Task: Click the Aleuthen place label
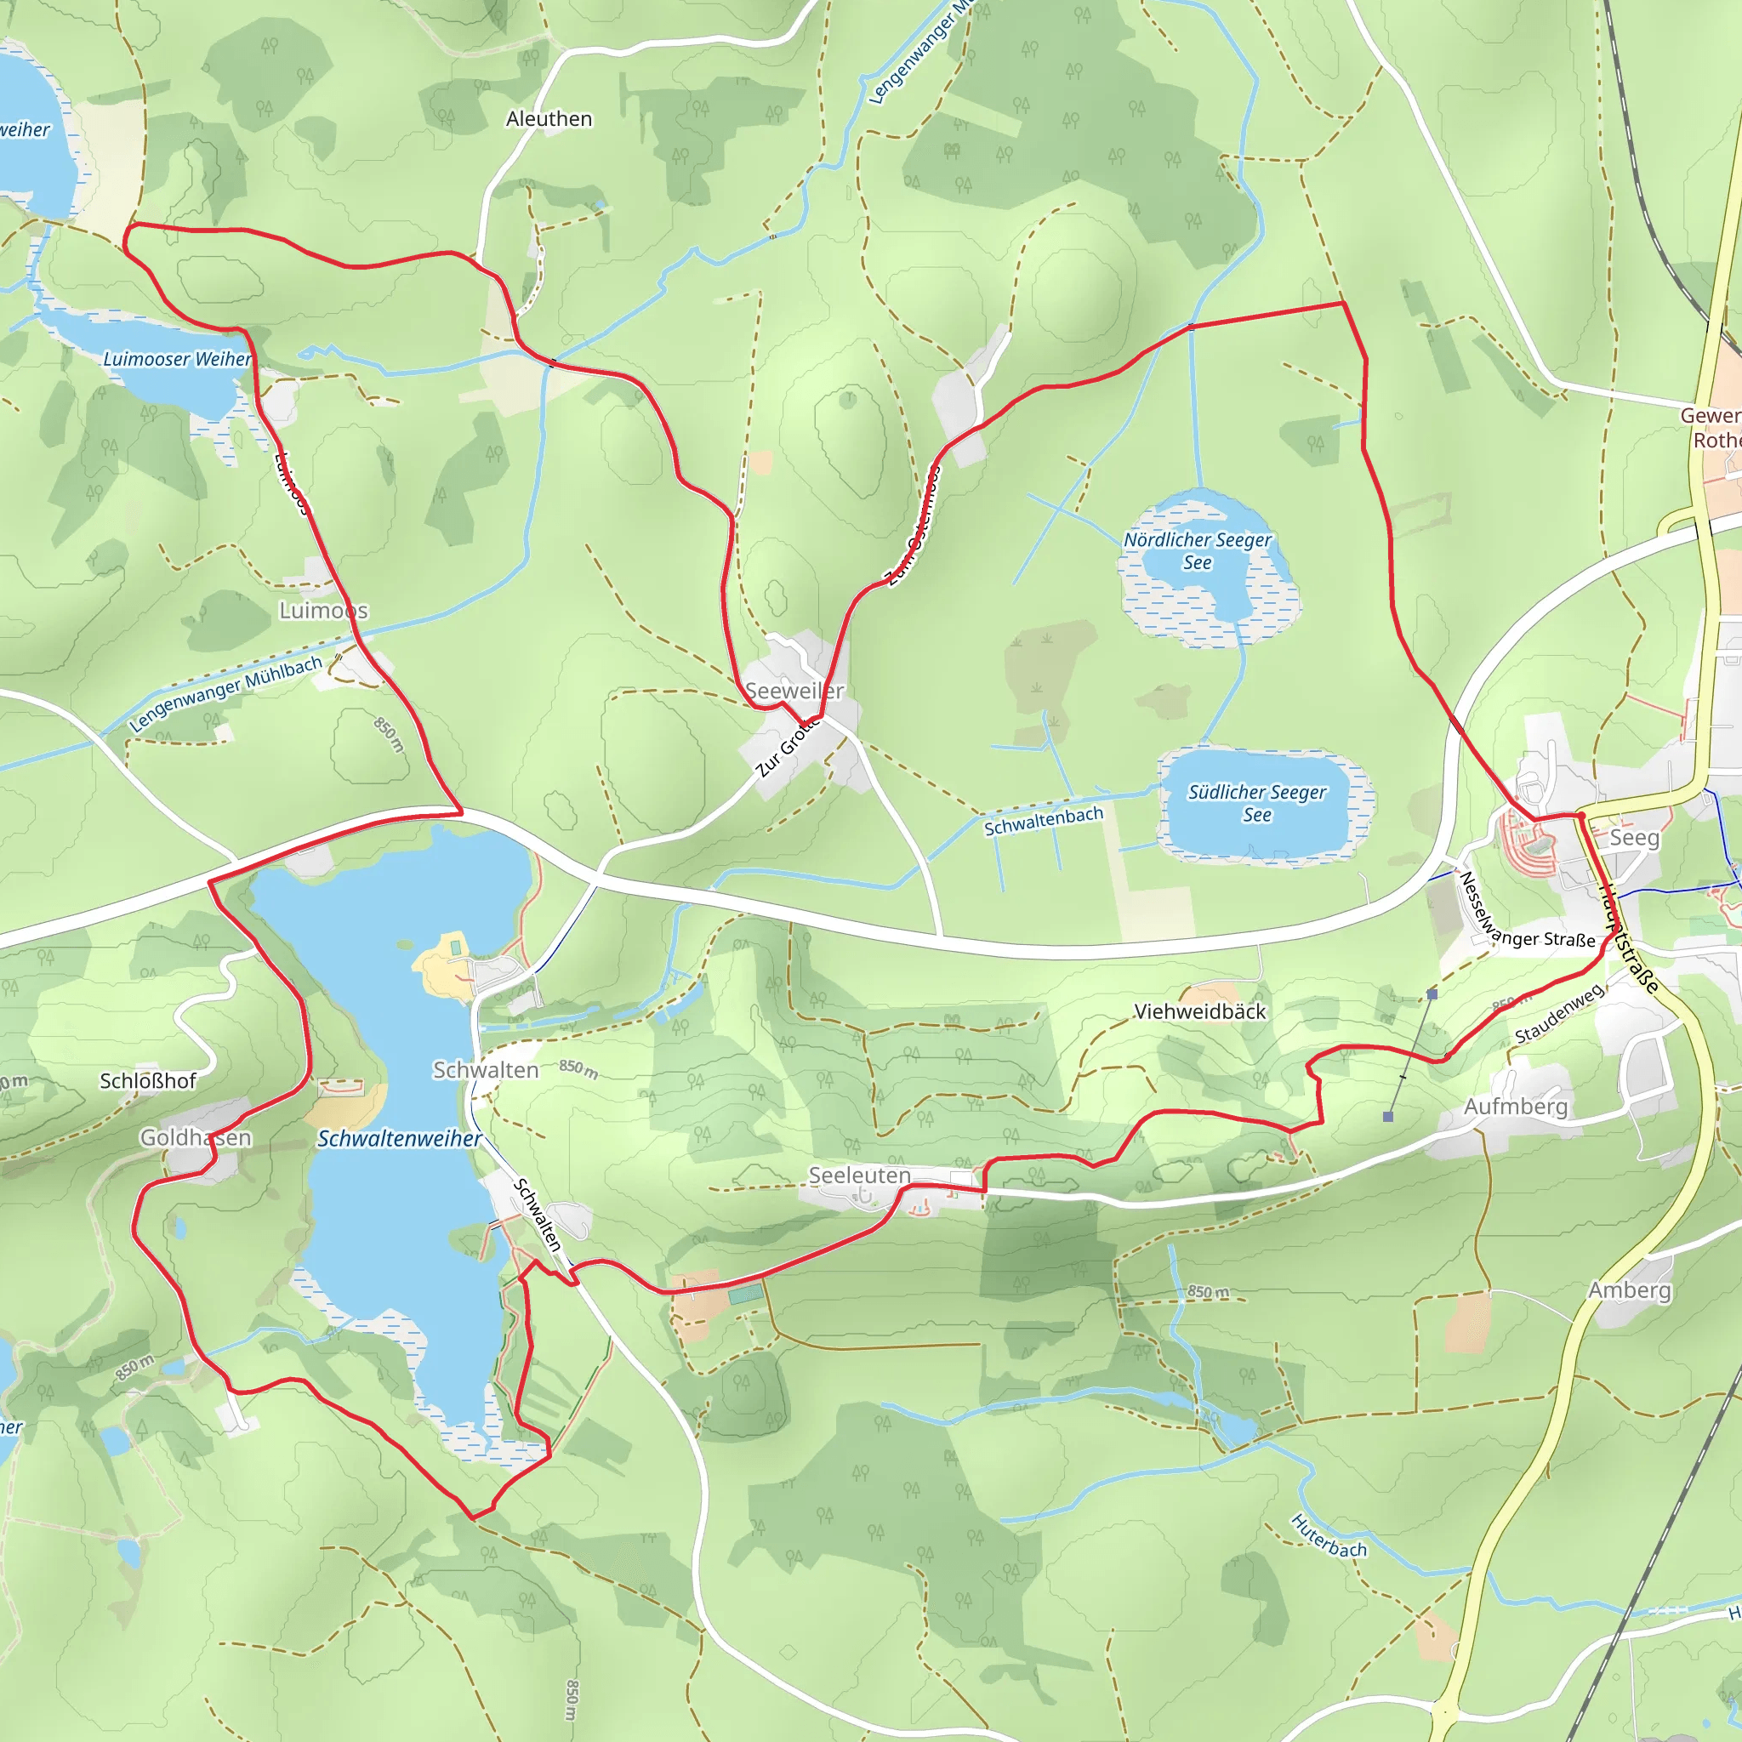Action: [549, 119]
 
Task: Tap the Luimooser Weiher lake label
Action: [178, 359]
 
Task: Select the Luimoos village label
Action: [324, 611]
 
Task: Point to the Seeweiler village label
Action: [794, 691]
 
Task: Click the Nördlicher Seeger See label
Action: [1198, 551]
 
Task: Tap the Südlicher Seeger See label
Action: [1257, 803]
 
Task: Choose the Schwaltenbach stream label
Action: [1043, 821]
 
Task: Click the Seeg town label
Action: [1634, 838]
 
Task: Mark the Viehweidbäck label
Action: [1200, 1011]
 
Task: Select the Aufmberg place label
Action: [1516, 1107]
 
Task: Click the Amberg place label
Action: [1629, 1290]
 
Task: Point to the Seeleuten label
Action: [859, 1176]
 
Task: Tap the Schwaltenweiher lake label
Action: [400, 1139]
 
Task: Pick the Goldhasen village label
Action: [196, 1138]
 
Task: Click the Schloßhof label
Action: [148, 1081]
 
